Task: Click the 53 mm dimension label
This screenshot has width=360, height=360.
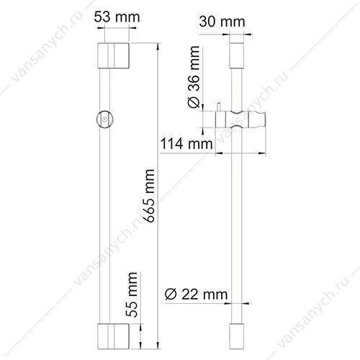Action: point(117,17)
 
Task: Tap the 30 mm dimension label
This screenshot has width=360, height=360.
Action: point(222,22)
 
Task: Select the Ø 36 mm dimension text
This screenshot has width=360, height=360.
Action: point(194,77)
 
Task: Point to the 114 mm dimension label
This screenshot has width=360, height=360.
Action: point(186,143)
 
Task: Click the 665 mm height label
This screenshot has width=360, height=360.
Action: point(149,196)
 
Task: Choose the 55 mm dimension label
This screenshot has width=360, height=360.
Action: point(132,294)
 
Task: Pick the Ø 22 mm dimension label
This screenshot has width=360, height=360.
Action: point(196,294)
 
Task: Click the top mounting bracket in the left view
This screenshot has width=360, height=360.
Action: point(113,55)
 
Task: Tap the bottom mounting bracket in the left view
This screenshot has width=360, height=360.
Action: point(113,336)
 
